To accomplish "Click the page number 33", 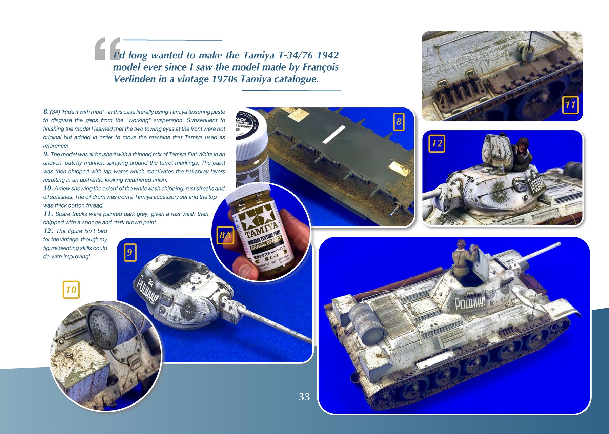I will (304, 397).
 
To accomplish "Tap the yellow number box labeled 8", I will (399, 122).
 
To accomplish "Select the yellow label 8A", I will (225, 235).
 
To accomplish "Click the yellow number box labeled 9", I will (130, 253).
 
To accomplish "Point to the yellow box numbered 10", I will (71, 290).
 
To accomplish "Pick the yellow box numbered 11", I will (570, 105).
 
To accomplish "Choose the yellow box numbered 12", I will (437, 143).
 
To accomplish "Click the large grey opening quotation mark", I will (107, 49).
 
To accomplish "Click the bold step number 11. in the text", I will (48, 214).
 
